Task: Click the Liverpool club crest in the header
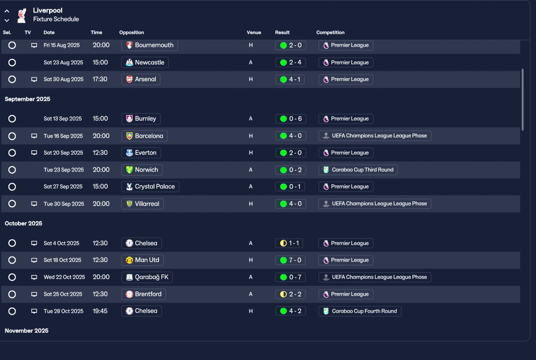pyautogui.click(x=22, y=15)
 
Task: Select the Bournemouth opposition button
pyautogui.click(x=149, y=45)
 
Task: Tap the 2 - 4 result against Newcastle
pyautogui.click(x=291, y=62)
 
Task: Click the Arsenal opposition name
pyautogui.click(x=145, y=79)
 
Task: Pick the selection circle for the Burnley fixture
pyautogui.click(x=12, y=118)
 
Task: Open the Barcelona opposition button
pyautogui.click(x=144, y=136)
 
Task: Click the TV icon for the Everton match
pyautogui.click(x=34, y=153)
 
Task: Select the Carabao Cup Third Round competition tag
pyautogui.click(x=358, y=170)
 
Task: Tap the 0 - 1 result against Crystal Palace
pyautogui.click(x=290, y=187)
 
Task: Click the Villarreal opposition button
pyautogui.click(x=143, y=204)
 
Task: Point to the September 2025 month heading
pyautogui.click(x=28, y=99)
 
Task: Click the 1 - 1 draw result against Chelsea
pyautogui.click(x=289, y=243)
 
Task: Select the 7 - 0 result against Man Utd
pyautogui.click(x=291, y=260)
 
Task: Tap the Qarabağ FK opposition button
pyautogui.click(x=147, y=277)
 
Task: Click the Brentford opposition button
pyautogui.click(x=144, y=294)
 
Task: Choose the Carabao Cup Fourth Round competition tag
pyautogui.click(x=360, y=311)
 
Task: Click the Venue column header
pyautogui.click(x=254, y=33)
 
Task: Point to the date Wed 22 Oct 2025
pyautogui.click(x=64, y=277)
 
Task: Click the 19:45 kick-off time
pyautogui.click(x=100, y=311)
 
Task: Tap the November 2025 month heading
pyautogui.click(x=26, y=331)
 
